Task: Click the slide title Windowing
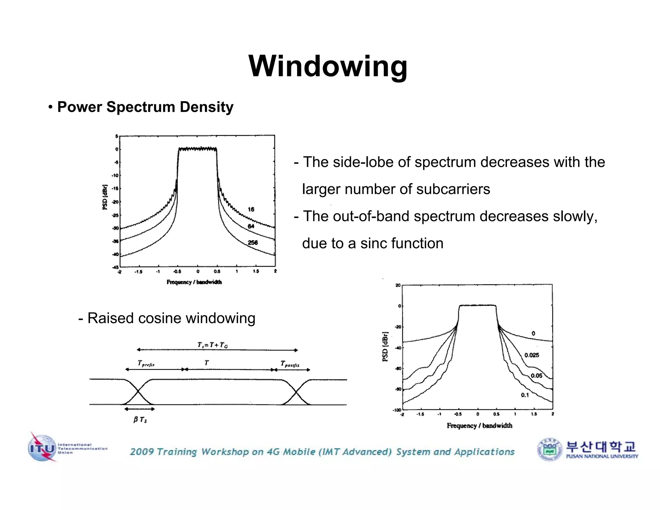tap(328, 66)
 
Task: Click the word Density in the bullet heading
tap(207, 107)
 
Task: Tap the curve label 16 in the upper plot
tap(251, 210)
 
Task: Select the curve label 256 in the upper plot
tap(253, 242)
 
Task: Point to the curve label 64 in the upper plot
tap(251, 226)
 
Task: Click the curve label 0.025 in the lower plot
tap(531, 355)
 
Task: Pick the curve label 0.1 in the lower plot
tap(525, 395)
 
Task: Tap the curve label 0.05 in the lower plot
tap(536, 376)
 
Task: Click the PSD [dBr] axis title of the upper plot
tap(105, 197)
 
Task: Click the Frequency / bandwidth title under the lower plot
tap(479, 426)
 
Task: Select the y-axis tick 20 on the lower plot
tap(398, 285)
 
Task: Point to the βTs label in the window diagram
tap(140, 419)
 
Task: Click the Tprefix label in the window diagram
tap(146, 364)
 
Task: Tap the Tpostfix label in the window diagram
tap(290, 364)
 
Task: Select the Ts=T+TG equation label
tap(213, 345)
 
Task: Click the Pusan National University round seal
tap(550, 449)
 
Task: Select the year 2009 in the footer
tap(141, 452)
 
